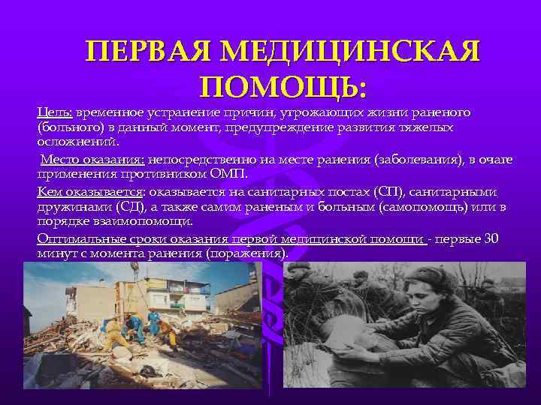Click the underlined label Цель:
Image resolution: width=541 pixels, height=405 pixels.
55,112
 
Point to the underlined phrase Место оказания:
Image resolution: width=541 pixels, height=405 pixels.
92,160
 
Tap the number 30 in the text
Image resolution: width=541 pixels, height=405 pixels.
491,238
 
